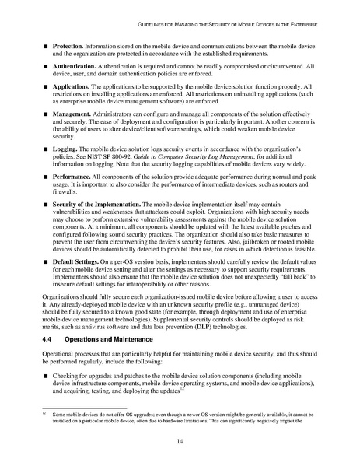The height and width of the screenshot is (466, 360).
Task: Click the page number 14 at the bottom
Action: click(x=180, y=445)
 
